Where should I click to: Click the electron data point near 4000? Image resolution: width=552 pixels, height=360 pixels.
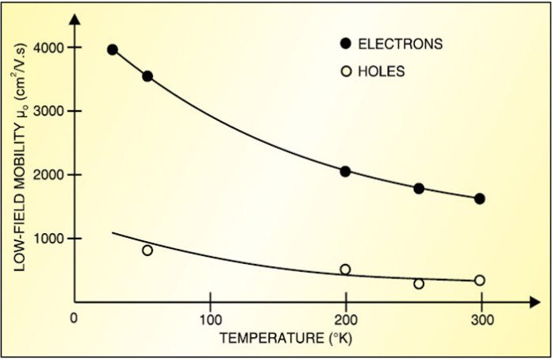pyautogui.click(x=113, y=50)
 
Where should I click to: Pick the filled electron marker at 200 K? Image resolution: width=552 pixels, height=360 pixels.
pyautogui.click(x=345, y=171)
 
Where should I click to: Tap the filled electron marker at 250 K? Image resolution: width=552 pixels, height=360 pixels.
pyautogui.click(x=419, y=189)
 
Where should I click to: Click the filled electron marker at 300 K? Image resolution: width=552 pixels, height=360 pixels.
pyautogui.click(x=479, y=198)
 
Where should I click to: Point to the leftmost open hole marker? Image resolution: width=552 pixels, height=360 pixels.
pyautogui.click(x=147, y=251)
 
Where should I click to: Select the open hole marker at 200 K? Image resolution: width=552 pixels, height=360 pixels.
pyautogui.click(x=345, y=270)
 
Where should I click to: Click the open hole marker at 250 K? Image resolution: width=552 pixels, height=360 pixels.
pyautogui.click(x=419, y=284)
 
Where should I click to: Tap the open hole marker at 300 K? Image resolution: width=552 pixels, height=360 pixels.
pyautogui.click(x=479, y=280)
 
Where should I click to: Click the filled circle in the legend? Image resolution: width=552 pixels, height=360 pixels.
pyautogui.click(x=346, y=44)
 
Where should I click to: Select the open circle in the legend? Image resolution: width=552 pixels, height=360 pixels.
pyautogui.click(x=346, y=71)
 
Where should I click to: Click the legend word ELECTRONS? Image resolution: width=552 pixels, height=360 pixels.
pyautogui.click(x=401, y=44)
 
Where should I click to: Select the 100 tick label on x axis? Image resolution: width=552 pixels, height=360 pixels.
pyautogui.click(x=210, y=320)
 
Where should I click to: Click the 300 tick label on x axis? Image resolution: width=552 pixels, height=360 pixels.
pyautogui.click(x=482, y=320)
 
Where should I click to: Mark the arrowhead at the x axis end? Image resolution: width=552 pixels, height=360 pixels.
pyautogui.click(x=535, y=301)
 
